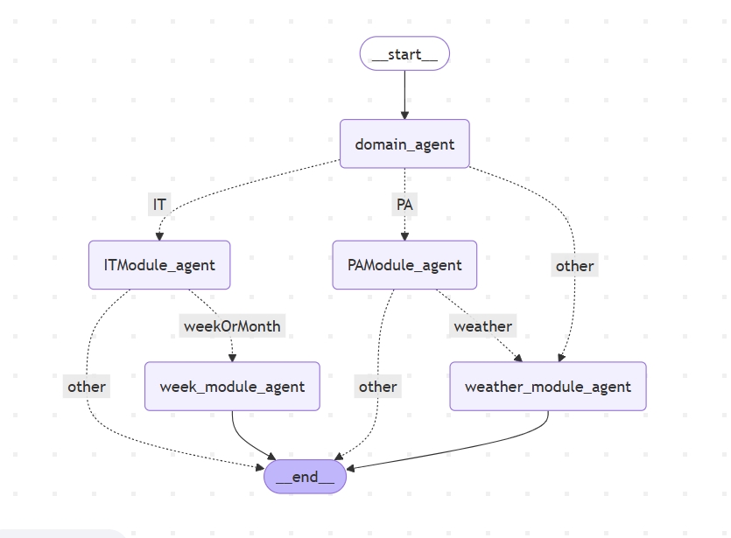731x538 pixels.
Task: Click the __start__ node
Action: (404, 54)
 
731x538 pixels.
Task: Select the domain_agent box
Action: (404, 143)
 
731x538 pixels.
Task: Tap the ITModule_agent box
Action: (159, 264)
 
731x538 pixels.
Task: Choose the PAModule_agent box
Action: (404, 264)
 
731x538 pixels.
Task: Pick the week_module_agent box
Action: (232, 386)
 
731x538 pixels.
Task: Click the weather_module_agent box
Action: (547, 386)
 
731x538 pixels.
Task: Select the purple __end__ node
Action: (305, 477)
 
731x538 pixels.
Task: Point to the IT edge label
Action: (159, 205)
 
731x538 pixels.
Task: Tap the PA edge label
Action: (404, 205)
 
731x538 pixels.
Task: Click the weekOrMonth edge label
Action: (232, 325)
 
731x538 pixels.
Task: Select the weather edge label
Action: (482, 325)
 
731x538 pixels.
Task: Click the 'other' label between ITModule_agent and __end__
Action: (86, 386)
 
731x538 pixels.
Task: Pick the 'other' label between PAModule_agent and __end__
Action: (377, 386)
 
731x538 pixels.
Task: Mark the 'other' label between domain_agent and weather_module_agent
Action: (574, 265)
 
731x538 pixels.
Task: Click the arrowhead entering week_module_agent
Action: (232, 357)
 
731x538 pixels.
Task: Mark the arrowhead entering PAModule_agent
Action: (404, 235)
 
